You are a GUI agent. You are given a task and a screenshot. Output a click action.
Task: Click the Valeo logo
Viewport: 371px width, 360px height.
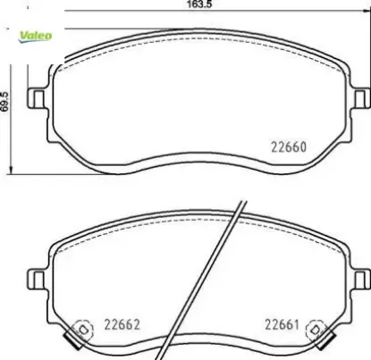[x=35, y=37]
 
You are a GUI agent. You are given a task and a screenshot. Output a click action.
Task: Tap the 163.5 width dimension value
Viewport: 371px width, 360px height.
[x=199, y=4]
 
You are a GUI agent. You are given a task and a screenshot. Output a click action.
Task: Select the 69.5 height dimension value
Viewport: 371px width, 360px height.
[x=5, y=102]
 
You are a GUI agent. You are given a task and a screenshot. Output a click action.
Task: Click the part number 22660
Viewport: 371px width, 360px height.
[x=289, y=147]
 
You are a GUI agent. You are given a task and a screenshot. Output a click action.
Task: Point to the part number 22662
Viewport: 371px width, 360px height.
[x=122, y=324]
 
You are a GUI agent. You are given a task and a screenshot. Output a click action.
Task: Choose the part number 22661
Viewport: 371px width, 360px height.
[x=282, y=324]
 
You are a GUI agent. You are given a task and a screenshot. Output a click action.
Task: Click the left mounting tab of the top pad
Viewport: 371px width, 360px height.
[x=37, y=98]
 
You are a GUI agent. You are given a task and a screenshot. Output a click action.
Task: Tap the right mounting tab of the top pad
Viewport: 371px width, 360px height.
[x=362, y=98]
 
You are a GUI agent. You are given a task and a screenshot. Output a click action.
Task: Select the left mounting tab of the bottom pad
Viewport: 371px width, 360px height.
[x=37, y=280]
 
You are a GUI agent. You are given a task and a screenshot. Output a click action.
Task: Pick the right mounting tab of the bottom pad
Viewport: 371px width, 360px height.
[x=362, y=280]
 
